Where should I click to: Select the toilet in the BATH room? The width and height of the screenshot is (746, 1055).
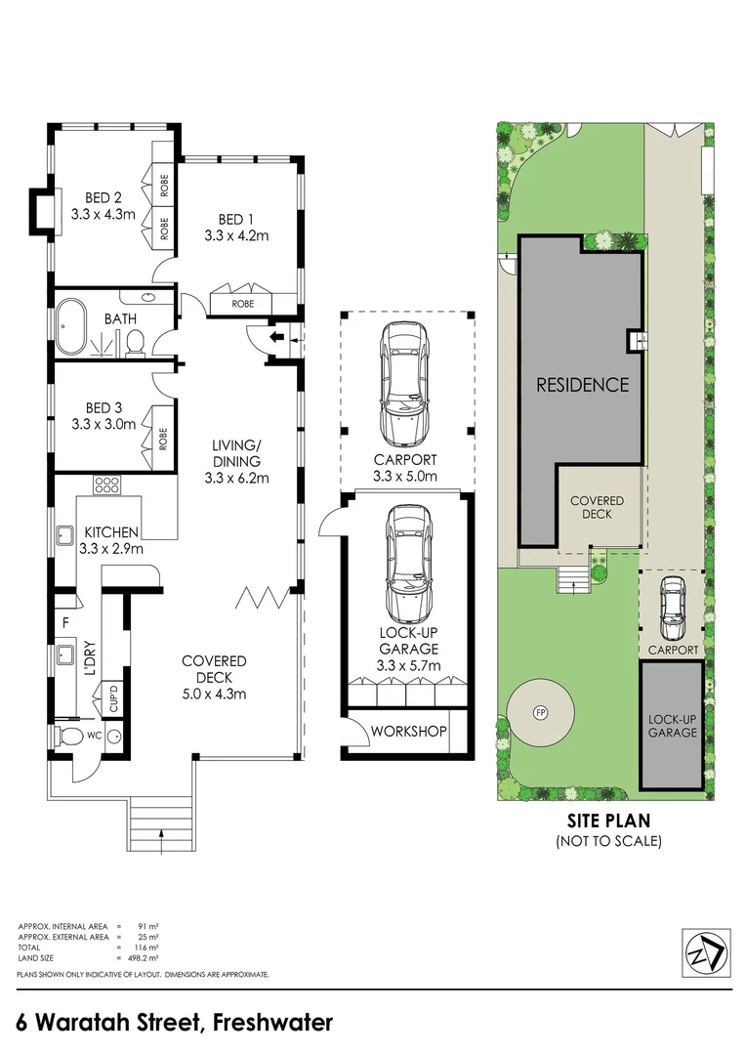click(135, 341)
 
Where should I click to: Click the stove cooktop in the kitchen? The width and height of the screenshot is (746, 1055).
click(106, 485)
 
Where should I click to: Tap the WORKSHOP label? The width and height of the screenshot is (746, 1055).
click(408, 731)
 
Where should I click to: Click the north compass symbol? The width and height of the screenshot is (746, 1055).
click(706, 951)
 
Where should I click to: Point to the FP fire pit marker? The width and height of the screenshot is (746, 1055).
click(540, 712)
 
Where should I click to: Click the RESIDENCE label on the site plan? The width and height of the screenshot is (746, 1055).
click(583, 385)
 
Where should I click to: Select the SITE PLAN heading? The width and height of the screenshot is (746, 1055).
click(608, 821)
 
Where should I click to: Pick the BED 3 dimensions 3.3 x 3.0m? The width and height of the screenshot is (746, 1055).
click(104, 424)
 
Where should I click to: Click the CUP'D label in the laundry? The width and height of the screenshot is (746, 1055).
click(113, 697)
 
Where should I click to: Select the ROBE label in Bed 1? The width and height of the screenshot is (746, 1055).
click(243, 304)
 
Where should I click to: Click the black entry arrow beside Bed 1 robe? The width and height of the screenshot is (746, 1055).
click(276, 336)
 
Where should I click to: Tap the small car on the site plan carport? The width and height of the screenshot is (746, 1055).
click(672, 609)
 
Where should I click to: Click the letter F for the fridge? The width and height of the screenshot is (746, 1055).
click(65, 623)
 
